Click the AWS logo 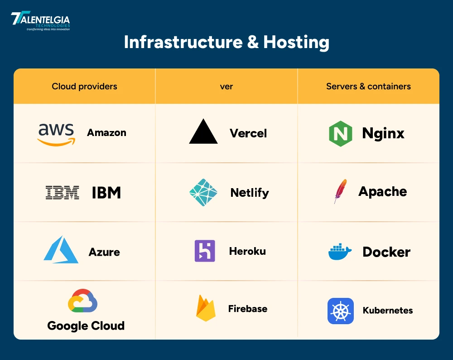pos(56,134)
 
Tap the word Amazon pos(106,133)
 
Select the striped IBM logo pos(63,193)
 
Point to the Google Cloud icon pos(83,301)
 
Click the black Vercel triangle pos(203,132)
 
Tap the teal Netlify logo pos(203,193)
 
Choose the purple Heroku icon pos(205,251)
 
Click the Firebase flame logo pos(206,308)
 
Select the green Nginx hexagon pos(341,133)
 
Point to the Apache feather pos(340,191)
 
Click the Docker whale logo pos(340,252)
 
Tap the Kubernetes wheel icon pos(341,311)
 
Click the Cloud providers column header pos(84,86)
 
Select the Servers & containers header pos(368,86)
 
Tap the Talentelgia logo pos(40,21)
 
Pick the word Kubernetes pos(388,311)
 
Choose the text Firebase pos(247,309)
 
